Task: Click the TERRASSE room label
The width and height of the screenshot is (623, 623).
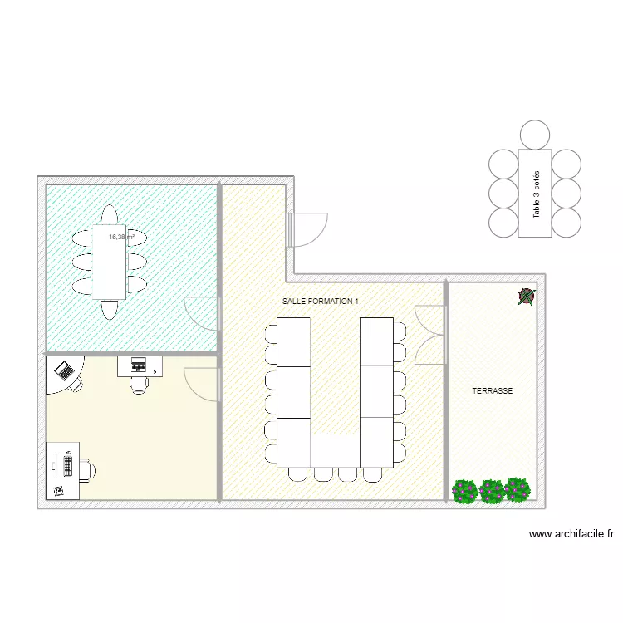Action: click(x=493, y=390)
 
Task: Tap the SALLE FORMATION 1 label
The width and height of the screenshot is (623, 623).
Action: click(x=321, y=302)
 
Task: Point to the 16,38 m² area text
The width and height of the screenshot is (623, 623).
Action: click(x=121, y=237)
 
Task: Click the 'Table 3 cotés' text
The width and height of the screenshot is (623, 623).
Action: click(x=537, y=194)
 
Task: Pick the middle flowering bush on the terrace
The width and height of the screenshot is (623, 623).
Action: click(x=492, y=491)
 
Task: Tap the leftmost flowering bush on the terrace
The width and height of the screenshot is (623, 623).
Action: click(x=465, y=491)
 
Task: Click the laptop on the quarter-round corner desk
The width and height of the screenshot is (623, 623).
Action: click(x=63, y=370)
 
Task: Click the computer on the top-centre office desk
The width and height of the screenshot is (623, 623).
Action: click(x=138, y=364)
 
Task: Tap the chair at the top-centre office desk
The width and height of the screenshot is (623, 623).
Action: click(x=140, y=385)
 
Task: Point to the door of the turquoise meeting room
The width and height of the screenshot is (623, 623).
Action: click(x=201, y=314)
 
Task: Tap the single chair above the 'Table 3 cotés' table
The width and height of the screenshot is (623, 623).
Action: click(x=535, y=134)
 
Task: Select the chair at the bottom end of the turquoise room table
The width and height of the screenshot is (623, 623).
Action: click(x=109, y=310)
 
